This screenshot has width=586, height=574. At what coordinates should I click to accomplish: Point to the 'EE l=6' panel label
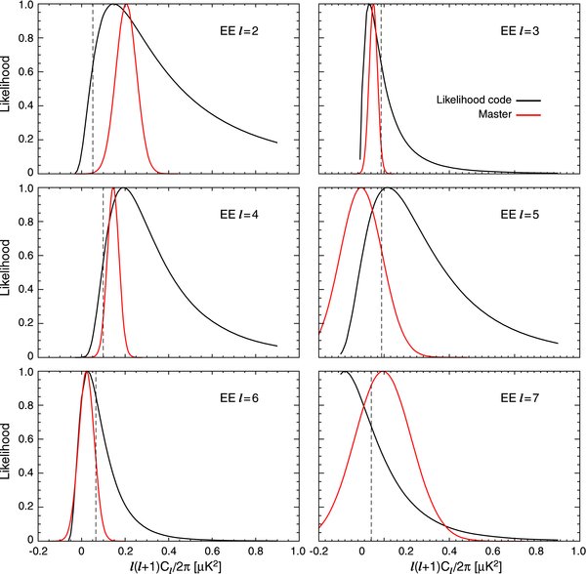[x=238, y=398]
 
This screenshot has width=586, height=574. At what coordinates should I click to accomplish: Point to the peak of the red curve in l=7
[x=383, y=372]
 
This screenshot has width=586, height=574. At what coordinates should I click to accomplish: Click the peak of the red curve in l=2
[x=125, y=5]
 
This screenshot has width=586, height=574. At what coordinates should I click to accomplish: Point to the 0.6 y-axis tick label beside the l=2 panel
[x=22, y=72]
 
